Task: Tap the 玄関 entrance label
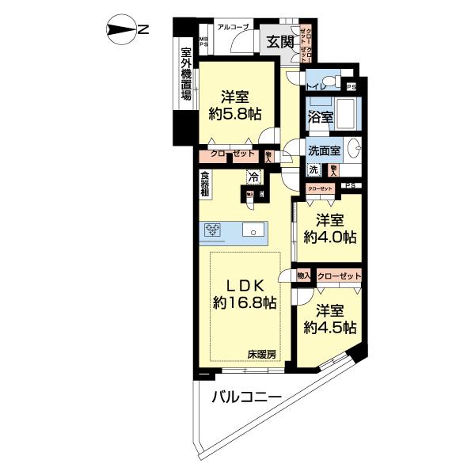click(x=278, y=42)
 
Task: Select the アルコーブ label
click(x=234, y=28)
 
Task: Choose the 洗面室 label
click(x=325, y=150)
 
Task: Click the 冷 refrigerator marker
click(x=253, y=177)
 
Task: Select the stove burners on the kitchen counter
click(x=215, y=230)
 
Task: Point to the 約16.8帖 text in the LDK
click(x=245, y=302)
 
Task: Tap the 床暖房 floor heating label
click(x=260, y=354)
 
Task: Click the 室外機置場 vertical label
click(x=186, y=70)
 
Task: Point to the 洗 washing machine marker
click(x=313, y=169)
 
